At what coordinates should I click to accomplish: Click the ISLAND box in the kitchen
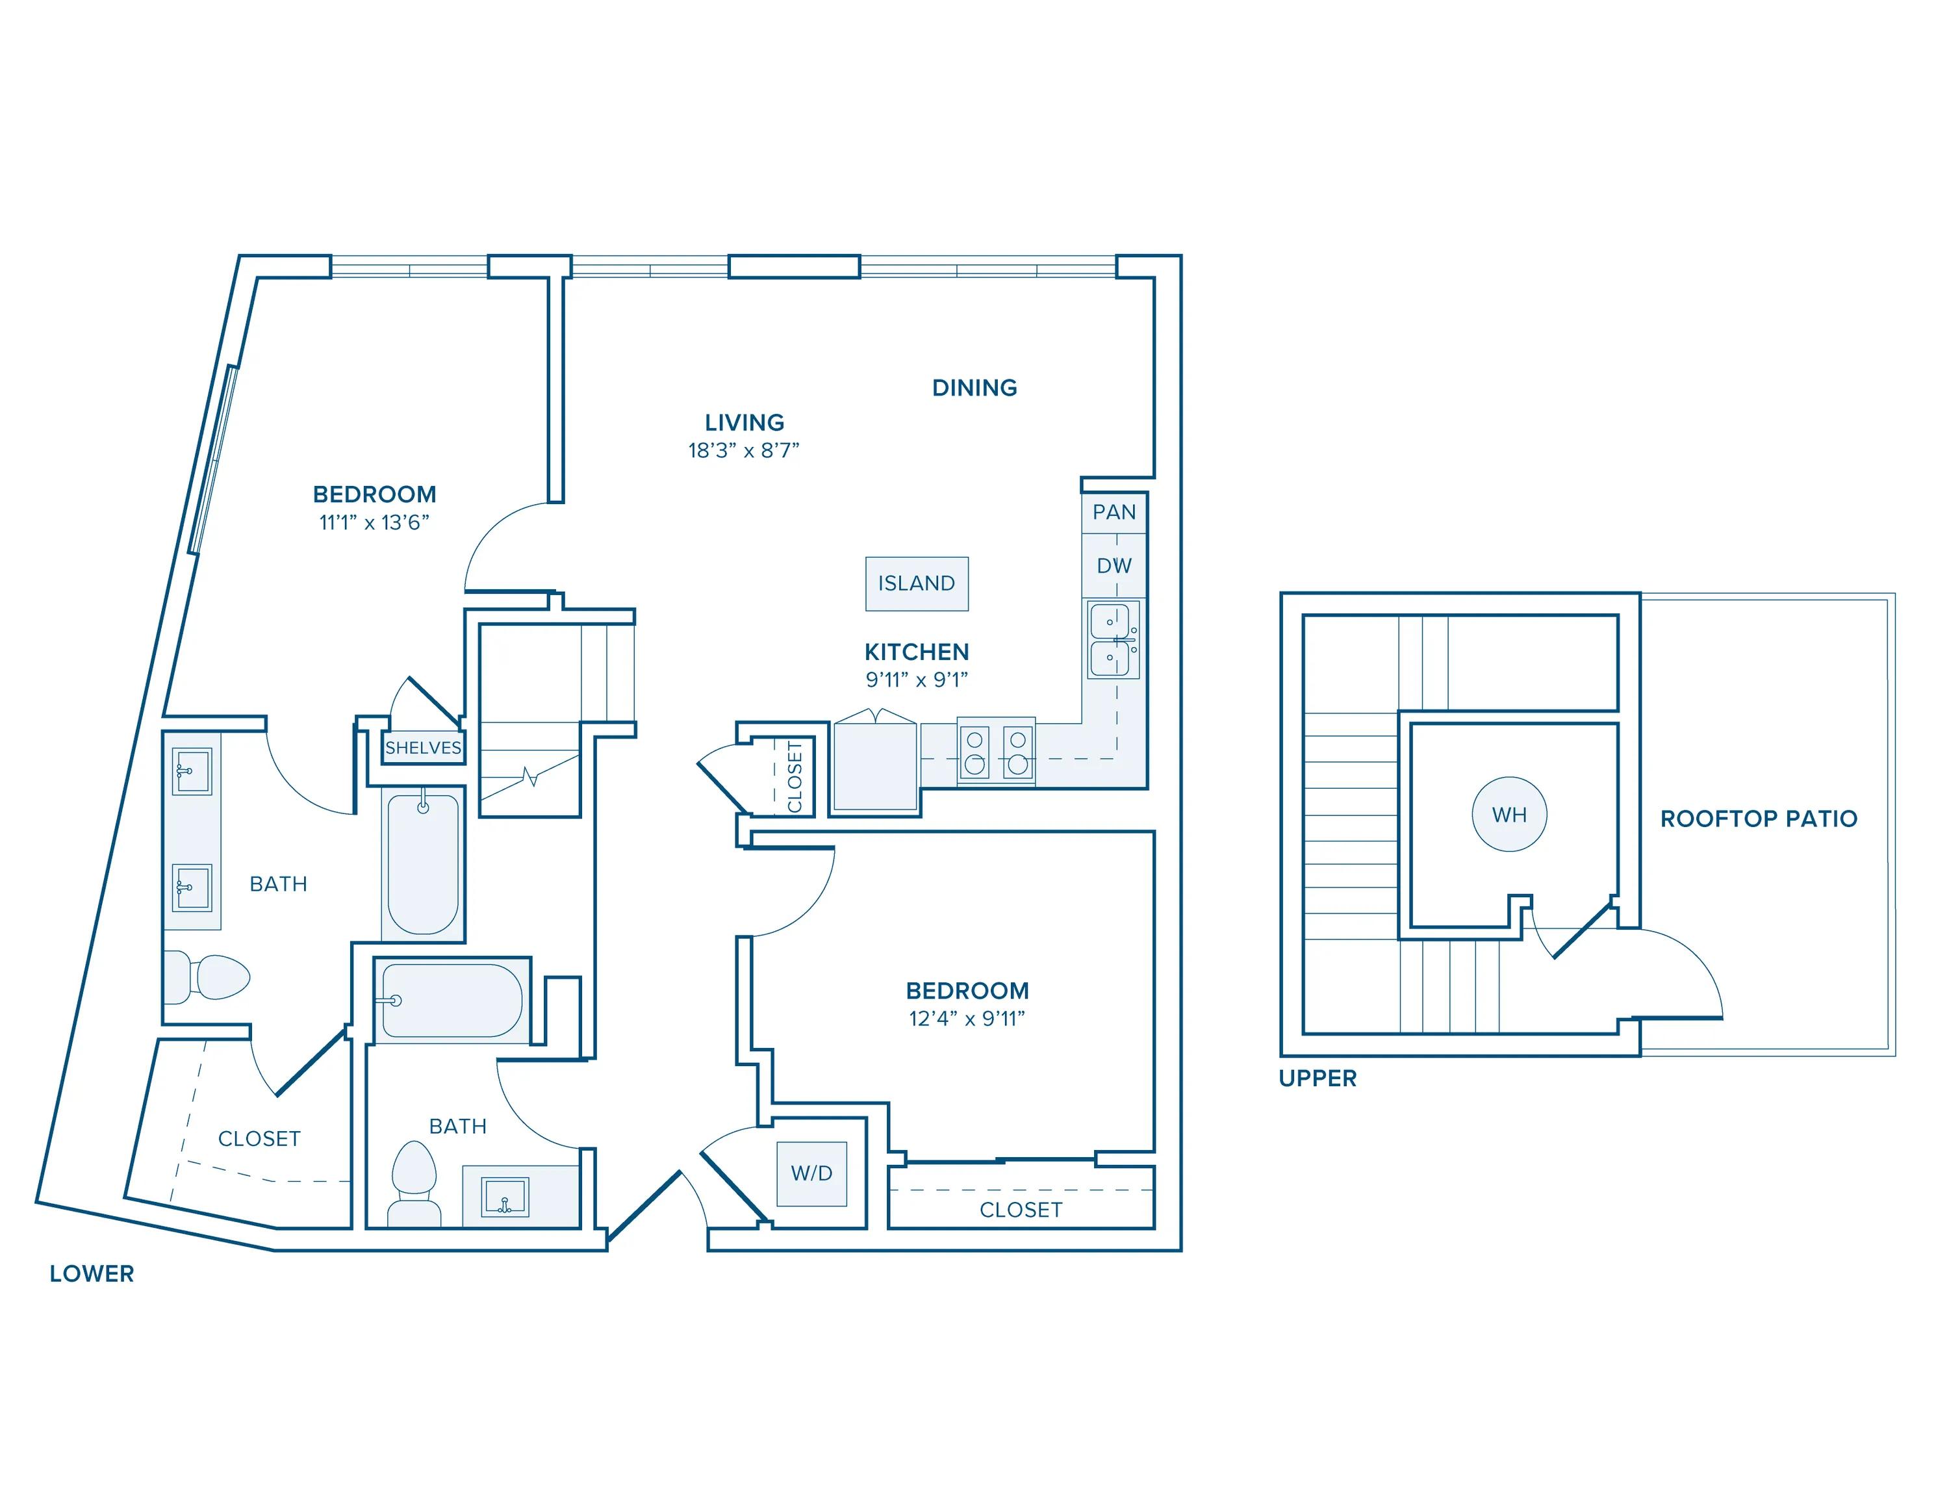pos(917,583)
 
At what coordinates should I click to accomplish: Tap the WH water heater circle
pos(1509,815)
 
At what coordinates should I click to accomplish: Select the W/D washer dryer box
pos(811,1173)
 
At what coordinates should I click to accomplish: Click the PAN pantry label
pos(1114,512)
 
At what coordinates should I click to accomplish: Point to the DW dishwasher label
pos(1114,566)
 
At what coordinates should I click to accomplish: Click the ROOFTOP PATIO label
pos(1758,819)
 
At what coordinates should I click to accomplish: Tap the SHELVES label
pos(423,748)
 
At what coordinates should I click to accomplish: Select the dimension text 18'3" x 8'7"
pos(743,450)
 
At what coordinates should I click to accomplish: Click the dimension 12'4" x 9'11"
pos(967,1019)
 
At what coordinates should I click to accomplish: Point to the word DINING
pos(974,388)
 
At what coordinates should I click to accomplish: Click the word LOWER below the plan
pos(92,1274)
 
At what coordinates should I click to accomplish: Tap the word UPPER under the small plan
pos(1317,1078)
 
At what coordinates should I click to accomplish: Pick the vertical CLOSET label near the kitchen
pos(795,777)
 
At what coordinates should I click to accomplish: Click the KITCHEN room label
pos(917,652)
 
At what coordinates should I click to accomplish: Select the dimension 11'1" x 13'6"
pos(374,523)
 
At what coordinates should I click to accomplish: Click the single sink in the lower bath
pos(505,1196)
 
